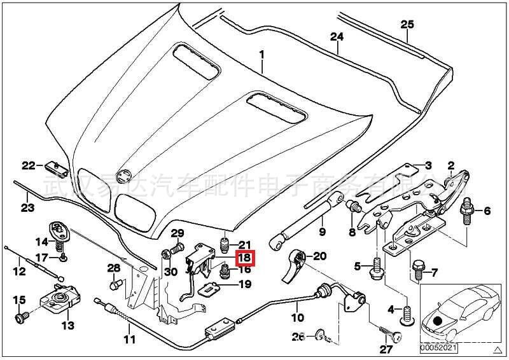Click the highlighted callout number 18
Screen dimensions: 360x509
coord(245,258)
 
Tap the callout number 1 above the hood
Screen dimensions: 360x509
coord(261,57)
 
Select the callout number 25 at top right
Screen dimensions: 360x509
coord(407,25)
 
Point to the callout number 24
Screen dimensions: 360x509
coord(337,37)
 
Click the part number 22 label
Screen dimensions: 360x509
coord(29,166)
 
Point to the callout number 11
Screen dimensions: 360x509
coord(130,339)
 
